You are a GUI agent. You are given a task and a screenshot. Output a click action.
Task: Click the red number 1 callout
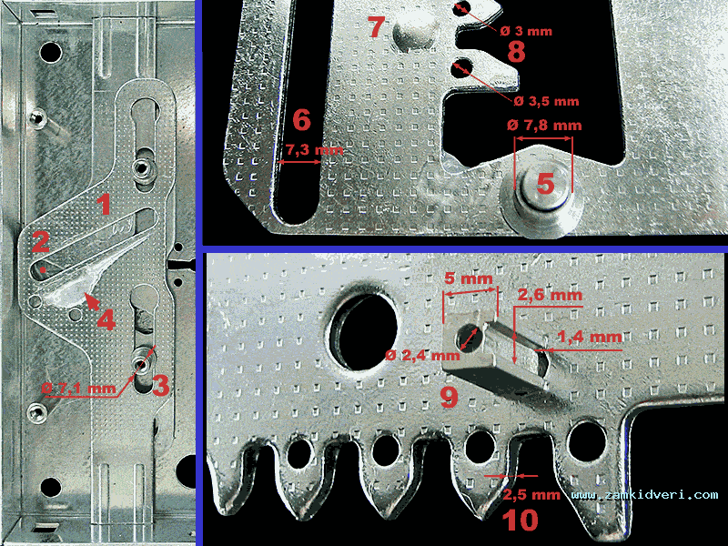tap(105, 205)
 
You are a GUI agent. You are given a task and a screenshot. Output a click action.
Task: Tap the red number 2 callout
tap(40, 241)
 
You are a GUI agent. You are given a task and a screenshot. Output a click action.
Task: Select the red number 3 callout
tap(160, 386)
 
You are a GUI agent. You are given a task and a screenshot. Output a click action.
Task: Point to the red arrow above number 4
tap(93, 301)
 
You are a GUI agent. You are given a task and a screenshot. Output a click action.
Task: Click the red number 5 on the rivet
tap(545, 184)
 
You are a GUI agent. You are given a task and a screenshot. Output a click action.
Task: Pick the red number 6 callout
tap(301, 120)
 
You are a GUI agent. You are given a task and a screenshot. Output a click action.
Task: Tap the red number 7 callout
tap(376, 26)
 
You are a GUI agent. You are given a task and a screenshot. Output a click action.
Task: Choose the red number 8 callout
tap(516, 52)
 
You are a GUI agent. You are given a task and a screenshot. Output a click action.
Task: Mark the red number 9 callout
tap(449, 397)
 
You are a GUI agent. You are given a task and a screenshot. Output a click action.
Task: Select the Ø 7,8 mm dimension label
tap(544, 125)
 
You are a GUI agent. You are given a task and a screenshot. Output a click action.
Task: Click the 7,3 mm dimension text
tap(314, 150)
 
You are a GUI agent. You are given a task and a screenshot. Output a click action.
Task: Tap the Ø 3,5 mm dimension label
tap(547, 101)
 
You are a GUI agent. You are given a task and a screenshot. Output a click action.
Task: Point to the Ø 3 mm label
tap(526, 31)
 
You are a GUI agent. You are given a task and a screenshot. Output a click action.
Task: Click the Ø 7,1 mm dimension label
tap(78, 389)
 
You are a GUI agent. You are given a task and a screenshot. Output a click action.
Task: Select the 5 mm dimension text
tap(469, 278)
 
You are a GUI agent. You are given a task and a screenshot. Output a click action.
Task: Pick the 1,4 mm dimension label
tap(590, 337)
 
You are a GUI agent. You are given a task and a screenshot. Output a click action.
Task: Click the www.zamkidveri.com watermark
tap(644, 495)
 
